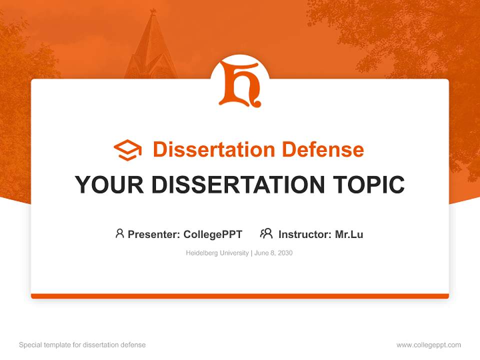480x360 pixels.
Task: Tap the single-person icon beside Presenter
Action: pos(119,233)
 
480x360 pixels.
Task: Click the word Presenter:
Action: pos(154,234)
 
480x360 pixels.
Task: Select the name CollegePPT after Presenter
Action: pos(213,234)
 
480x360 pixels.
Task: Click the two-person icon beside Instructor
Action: pos(266,233)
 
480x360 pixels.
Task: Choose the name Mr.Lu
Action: pos(349,234)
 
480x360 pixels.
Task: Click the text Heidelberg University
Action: pos(217,253)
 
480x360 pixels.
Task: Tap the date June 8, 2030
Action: pos(273,253)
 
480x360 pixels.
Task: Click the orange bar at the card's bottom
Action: pos(240,296)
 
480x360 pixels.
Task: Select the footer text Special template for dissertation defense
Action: pos(82,345)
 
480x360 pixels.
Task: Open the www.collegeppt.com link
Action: pos(429,345)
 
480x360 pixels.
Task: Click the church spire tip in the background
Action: pos(153,11)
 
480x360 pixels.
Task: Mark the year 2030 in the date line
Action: pos(285,253)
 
